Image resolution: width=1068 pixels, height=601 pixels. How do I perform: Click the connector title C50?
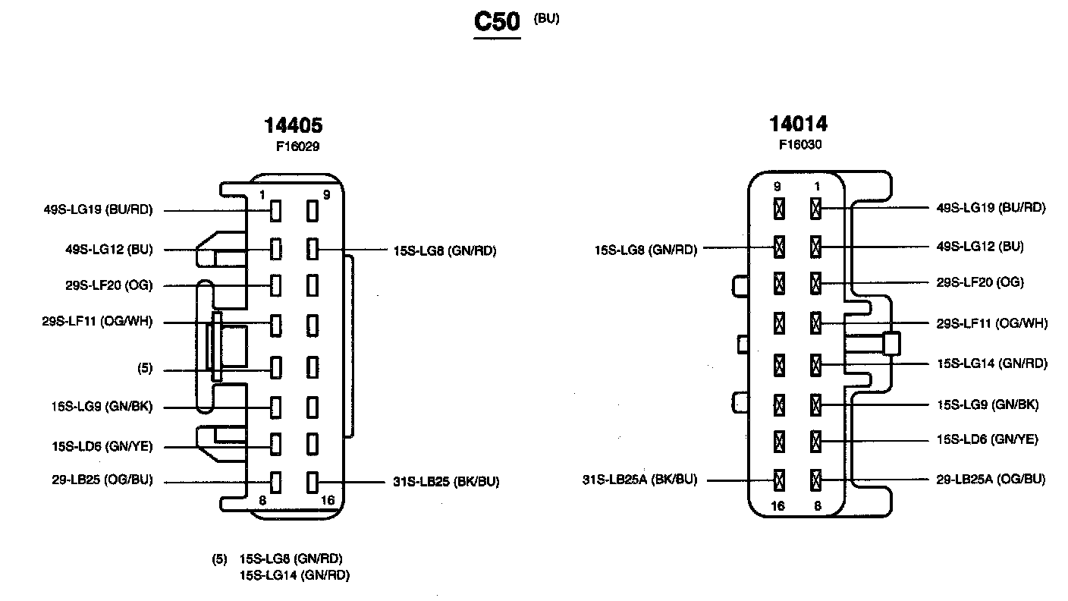pyautogui.click(x=497, y=22)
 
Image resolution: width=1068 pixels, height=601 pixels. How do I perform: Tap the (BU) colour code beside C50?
pyautogui.click(x=546, y=19)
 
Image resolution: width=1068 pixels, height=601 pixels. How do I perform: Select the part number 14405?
pyautogui.click(x=293, y=125)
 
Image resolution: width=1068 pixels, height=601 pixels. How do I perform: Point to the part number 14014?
pyautogui.click(x=798, y=124)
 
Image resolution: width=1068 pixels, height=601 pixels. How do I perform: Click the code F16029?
pyautogui.click(x=297, y=147)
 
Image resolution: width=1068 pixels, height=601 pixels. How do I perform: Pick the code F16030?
pyautogui.click(x=800, y=144)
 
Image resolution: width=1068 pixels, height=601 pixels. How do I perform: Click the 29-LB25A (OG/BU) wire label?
pyautogui.click(x=991, y=479)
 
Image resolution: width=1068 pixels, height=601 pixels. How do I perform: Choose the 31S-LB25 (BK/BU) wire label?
pyautogui.click(x=446, y=481)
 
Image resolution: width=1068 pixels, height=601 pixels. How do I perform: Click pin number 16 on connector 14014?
pyautogui.click(x=777, y=506)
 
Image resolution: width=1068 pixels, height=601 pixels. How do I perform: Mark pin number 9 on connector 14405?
pyautogui.click(x=326, y=195)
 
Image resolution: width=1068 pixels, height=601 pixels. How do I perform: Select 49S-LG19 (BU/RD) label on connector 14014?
pyautogui.click(x=991, y=207)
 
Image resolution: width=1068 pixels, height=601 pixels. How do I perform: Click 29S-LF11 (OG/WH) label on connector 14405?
pyautogui.click(x=97, y=322)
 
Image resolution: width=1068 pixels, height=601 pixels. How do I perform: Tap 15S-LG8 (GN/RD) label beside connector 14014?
pyautogui.click(x=646, y=248)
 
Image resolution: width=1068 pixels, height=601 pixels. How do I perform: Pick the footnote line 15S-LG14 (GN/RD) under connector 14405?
pyautogui.click(x=294, y=575)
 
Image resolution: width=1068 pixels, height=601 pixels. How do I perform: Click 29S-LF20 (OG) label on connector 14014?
pyautogui.click(x=980, y=282)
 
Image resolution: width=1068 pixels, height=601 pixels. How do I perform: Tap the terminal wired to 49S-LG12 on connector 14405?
pyautogui.click(x=276, y=249)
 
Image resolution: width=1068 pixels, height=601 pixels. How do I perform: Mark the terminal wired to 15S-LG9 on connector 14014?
pyautogui.click(x=816, y=404)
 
